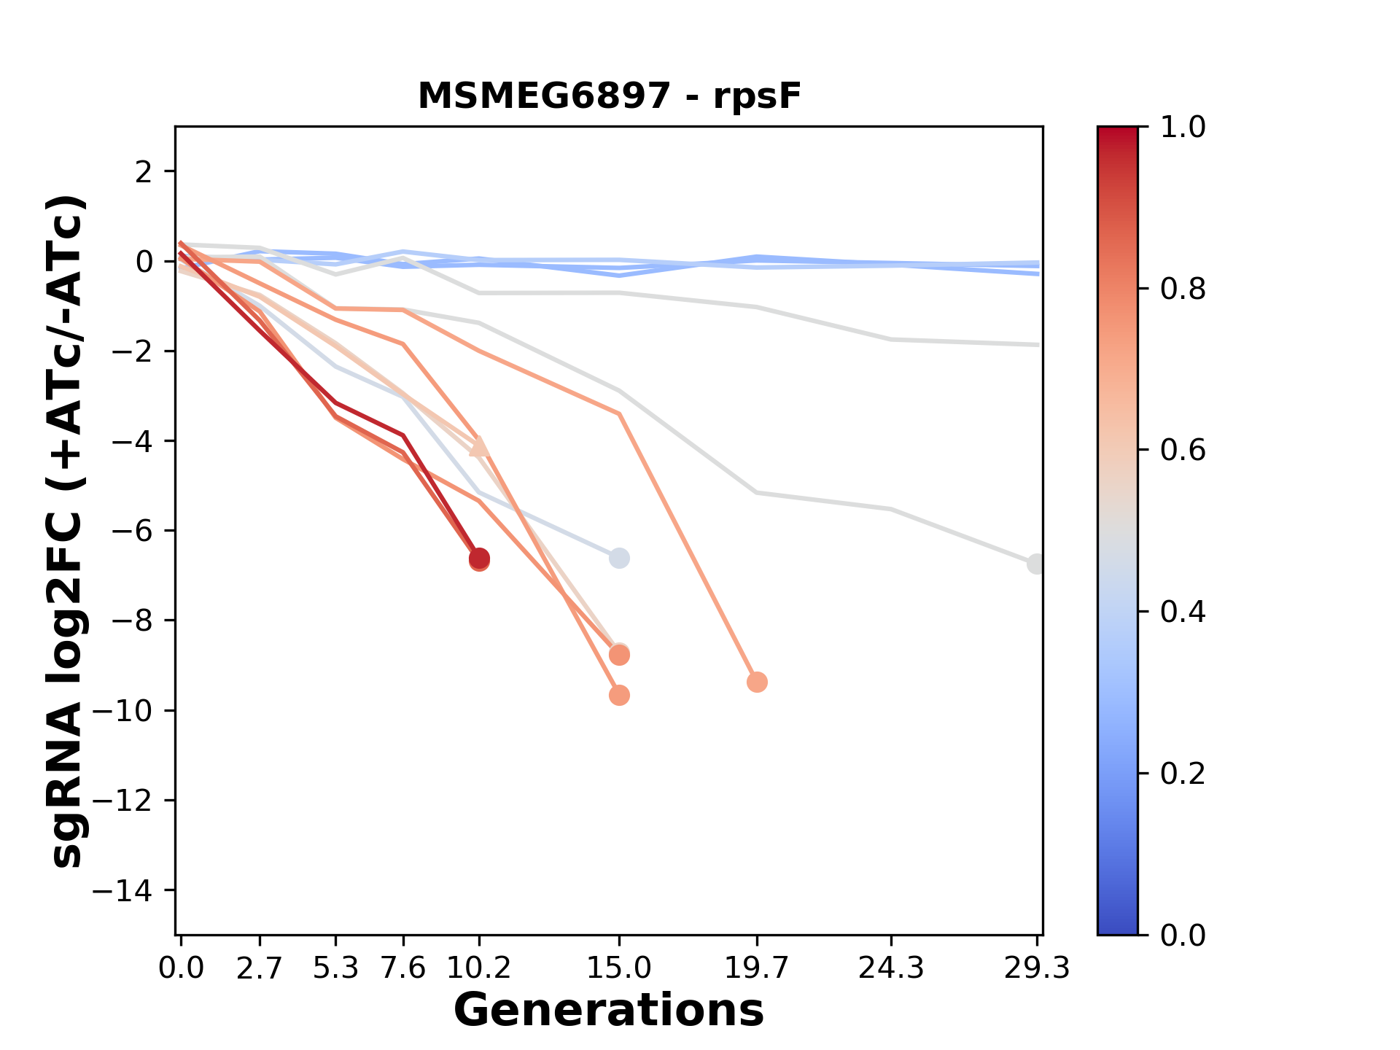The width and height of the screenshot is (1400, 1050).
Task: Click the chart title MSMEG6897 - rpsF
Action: (609, 96)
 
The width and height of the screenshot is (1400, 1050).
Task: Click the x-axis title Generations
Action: (609, 1011)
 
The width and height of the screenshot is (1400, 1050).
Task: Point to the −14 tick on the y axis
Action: (122, 890)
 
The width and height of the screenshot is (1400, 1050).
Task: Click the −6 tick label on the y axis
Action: (131, 531)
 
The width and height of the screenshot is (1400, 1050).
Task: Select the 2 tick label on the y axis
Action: (144, 171)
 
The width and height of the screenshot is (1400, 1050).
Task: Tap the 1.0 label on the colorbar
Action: (1183, 128)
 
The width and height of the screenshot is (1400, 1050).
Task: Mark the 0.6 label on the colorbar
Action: (1183, 450)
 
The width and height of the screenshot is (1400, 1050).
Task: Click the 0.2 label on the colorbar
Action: (1183, 773)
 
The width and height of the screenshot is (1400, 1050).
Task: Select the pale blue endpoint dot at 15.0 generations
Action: (619, 559)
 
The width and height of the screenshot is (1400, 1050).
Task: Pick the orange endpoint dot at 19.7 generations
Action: (757, 682)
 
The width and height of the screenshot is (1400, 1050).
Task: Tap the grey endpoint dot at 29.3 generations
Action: (1036, 564)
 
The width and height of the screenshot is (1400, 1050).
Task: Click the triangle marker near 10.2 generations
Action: (479, 446)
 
